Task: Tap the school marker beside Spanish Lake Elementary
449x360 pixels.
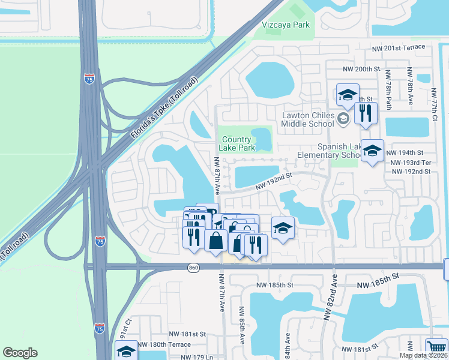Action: (372, 151)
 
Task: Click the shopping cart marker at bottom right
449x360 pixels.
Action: (436, 349)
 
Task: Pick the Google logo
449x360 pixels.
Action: (20, 353)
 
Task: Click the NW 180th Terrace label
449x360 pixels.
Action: (164, 344)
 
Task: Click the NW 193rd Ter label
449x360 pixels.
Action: (411, 163)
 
